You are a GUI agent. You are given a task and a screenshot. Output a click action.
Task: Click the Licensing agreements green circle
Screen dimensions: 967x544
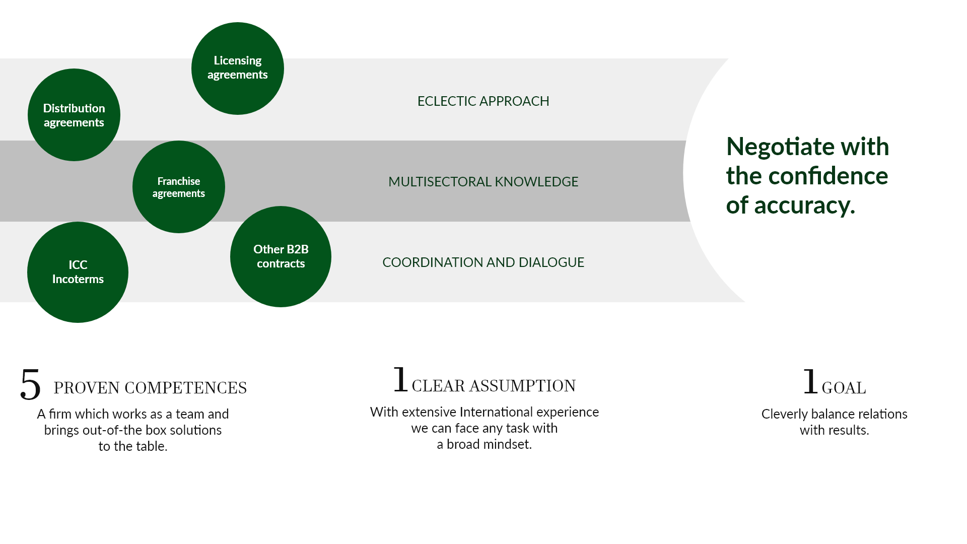coord(238,69)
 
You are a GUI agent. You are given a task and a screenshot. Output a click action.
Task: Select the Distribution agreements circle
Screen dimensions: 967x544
coord(74,115)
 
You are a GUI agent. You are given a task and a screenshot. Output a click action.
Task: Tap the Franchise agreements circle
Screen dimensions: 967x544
coord(179,187)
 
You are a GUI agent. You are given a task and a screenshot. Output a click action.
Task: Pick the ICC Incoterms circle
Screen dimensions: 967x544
coord(78,272)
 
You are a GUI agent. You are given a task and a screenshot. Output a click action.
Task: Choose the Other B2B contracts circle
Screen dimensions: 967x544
coord(281,256)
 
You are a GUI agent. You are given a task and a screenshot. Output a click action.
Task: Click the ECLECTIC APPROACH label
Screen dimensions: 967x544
coord(483,101)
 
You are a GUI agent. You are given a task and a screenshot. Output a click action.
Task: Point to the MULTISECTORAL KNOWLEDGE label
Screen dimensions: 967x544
coord(483,182)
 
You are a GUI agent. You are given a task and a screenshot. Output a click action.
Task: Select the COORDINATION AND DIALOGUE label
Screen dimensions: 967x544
coord(483,262)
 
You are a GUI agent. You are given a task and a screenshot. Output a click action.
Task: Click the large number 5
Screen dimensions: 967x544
coord(30,384)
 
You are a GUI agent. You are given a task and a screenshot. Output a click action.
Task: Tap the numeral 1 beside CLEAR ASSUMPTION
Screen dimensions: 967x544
coord(400,379)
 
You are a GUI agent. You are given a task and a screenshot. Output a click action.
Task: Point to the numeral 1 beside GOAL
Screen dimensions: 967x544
coord(810,381)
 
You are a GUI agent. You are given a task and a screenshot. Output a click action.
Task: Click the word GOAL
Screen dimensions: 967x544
coord(844,388)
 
